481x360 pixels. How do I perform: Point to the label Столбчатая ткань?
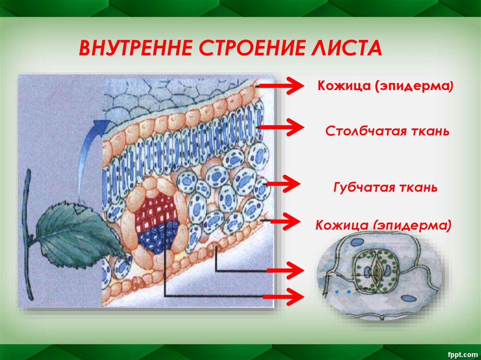(x=388, y=131)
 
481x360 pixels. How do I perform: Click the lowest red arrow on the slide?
(x=283, y=296)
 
